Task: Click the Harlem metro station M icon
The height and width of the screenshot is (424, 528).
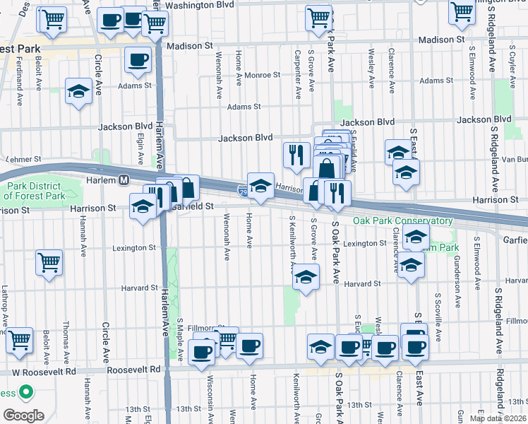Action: tap(124, 180)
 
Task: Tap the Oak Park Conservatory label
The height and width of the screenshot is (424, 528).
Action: tap(402, 221)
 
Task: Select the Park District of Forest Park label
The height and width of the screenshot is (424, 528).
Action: tap(35, 192)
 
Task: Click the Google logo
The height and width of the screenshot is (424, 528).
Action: tap(23, 415)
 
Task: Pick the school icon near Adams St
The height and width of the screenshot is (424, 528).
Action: tap(78, 91)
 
